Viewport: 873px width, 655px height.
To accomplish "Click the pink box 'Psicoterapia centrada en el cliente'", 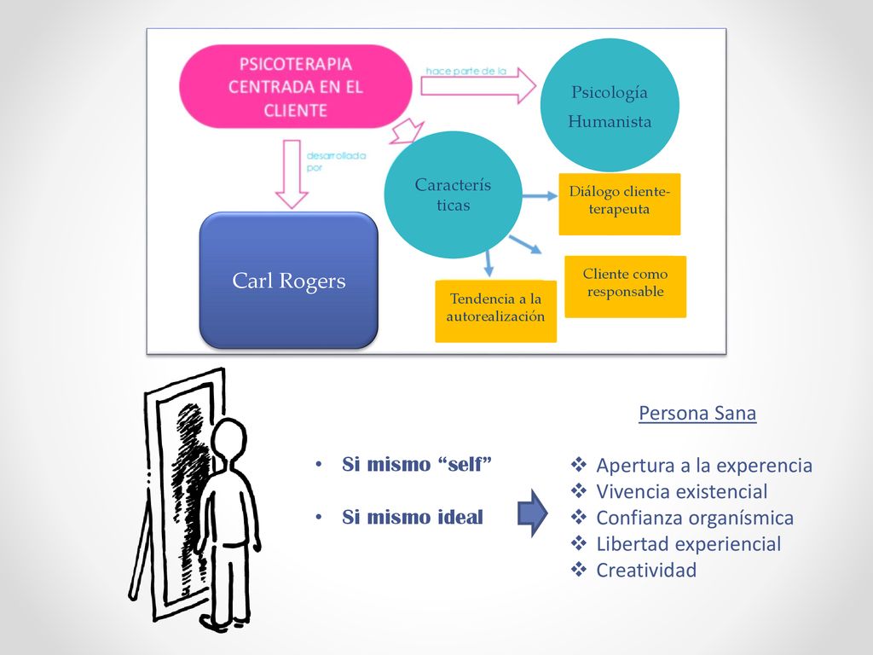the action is tap(296, 87).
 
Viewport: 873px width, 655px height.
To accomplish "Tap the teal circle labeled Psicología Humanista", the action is tap(610, 105).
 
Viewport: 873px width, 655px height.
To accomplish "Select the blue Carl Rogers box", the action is tap(288, 280).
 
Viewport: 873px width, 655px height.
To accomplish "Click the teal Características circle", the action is tap(454, 195).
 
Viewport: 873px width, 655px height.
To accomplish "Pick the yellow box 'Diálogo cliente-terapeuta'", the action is tap(620, 204).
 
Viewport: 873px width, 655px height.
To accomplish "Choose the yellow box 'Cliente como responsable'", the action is tap(625, 287).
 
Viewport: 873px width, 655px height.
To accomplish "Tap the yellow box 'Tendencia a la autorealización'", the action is tap(495, 310).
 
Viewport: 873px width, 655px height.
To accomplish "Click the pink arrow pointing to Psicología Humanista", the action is tap(477, 86).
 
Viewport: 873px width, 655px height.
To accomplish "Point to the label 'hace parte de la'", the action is tap(466, 72).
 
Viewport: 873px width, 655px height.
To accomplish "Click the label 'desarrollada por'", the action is tap(336, 161).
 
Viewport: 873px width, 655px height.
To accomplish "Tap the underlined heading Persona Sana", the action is tap(697, 414).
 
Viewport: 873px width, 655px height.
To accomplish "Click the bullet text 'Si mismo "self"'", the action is tap(417, 464).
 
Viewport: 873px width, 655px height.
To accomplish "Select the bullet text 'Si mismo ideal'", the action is tap(413, 517).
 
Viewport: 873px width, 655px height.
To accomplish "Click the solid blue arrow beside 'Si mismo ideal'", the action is tap(533, 513).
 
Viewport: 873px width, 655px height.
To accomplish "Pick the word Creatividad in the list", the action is tap(646, 570).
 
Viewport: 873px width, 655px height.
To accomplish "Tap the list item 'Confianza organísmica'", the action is tap(695, 518).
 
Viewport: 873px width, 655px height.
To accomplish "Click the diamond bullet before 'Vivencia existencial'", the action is tap(579, 490).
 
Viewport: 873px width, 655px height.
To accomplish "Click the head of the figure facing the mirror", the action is tap(228, 440).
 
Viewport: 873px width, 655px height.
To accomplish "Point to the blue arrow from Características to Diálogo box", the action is tap(540, 195).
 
